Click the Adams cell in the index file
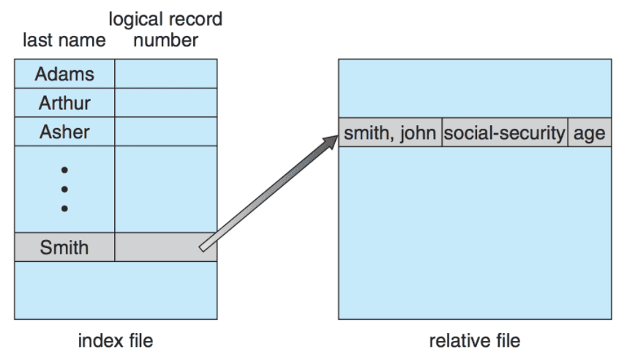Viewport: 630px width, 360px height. (64, 74)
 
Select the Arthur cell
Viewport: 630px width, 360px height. (64, 102)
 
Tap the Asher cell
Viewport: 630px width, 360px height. (64, 132)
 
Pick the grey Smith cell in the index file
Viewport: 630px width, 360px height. (64, 247)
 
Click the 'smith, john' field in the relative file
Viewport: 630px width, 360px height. (391, 133)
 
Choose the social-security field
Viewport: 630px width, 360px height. (505, 133)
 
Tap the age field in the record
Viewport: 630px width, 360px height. (589, 133)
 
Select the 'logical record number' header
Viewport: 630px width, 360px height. (165, 30)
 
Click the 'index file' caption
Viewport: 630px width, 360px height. (116, 340)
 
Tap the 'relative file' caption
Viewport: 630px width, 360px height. (474, 340)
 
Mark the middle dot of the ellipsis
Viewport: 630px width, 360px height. (64, 189)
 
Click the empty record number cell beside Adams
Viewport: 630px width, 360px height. (165, 74)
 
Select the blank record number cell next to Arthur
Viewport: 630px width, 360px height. (165, 102)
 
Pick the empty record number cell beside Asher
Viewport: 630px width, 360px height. (165, 132)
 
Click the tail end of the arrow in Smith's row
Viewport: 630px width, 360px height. (203, 247)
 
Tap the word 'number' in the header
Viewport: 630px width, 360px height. (165, 40)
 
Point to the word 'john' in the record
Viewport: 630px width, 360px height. (419, 133)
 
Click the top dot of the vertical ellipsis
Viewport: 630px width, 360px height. (64, 170)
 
